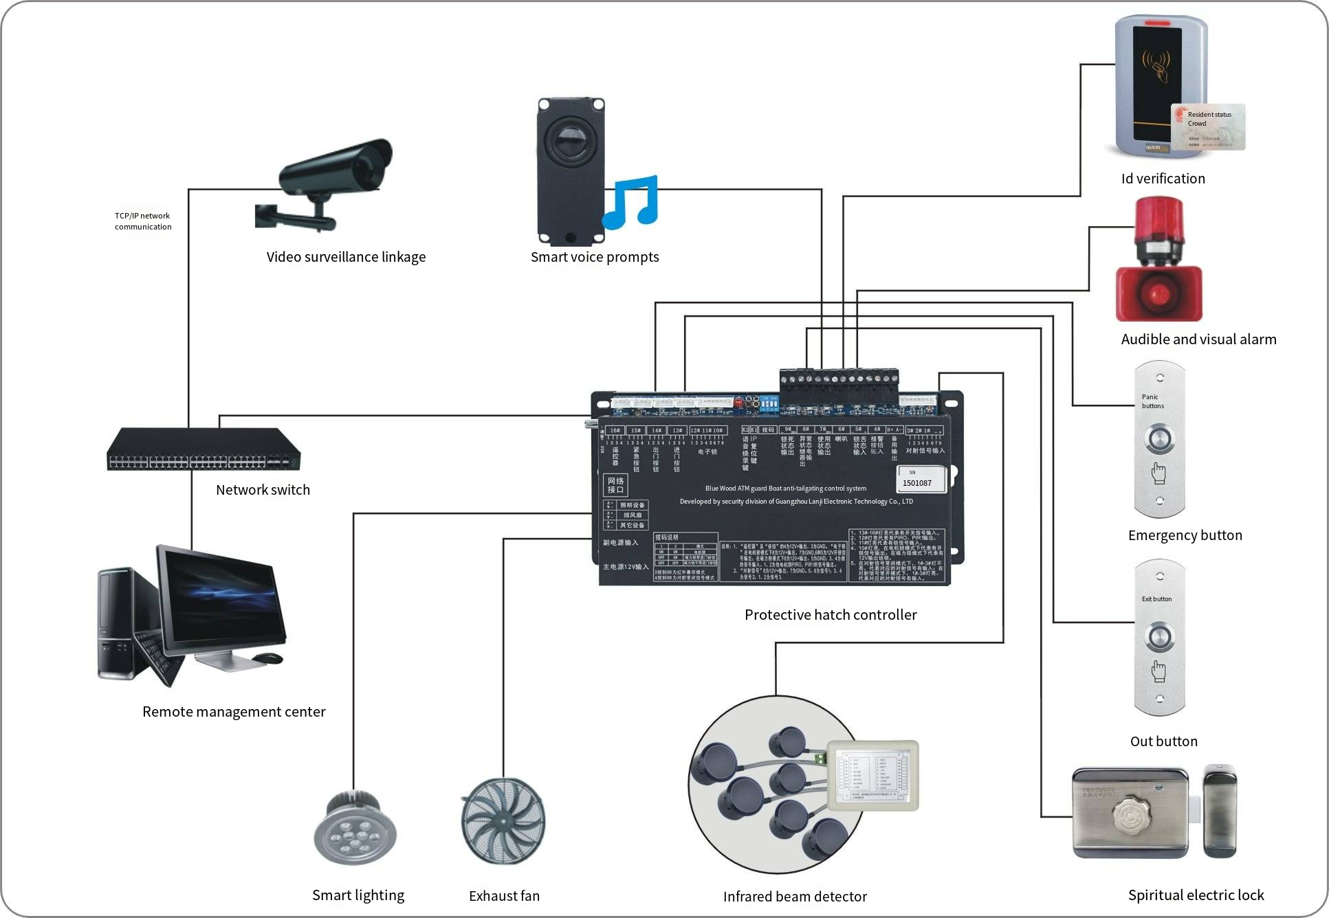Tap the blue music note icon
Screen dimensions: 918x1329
(631, 202)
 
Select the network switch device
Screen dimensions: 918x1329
(204, 449)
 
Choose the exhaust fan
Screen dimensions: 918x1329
(503, 821)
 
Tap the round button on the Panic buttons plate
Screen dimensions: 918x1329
(1159, 439)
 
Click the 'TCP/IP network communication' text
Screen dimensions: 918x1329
(143, 221)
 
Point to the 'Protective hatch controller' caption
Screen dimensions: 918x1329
(831, 615)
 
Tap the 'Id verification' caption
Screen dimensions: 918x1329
(1163, 179)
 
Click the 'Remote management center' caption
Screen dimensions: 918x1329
(234, 712)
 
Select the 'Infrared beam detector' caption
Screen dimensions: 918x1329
(795, 897)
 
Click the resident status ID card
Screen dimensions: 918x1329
(1208, 127)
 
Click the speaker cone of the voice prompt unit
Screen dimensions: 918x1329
(571, 140)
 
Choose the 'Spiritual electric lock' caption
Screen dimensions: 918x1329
(1196, 895)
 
